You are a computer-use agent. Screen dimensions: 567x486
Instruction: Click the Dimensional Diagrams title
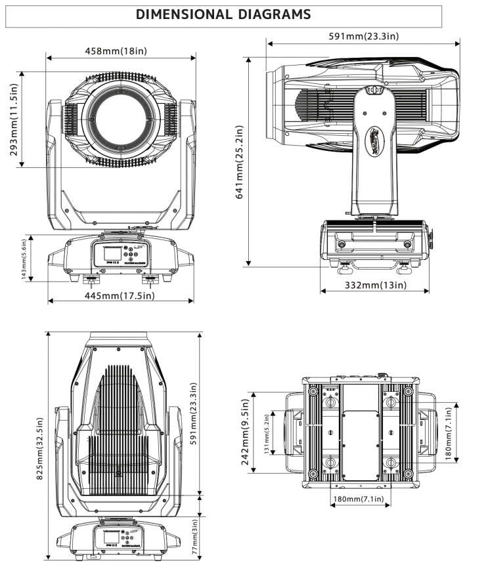[x=223, y=14]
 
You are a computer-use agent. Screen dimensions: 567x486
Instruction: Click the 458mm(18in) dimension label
[x=121, y=51]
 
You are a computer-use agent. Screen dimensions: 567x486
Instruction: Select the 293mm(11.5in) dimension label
[x=14, y=120]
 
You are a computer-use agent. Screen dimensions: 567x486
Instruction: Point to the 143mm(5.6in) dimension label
[x=24, y=257]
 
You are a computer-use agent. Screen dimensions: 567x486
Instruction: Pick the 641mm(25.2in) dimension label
[x=240, y=161]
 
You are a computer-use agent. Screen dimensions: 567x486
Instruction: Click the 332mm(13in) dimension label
[x=375, y=285]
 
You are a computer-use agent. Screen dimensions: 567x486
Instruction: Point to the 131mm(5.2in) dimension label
[x=265, y=434]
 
